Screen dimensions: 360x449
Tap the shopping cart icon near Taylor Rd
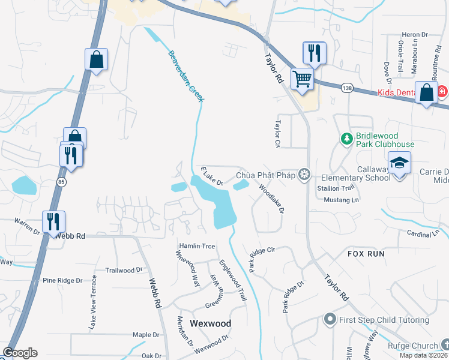303,79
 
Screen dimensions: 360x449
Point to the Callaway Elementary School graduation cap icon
399,163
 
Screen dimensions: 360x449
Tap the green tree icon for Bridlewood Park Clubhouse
346,139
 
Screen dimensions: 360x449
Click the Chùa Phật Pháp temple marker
305,175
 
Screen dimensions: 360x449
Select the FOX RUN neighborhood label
366,254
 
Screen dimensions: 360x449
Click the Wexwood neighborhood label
210,323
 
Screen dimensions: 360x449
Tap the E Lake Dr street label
211,176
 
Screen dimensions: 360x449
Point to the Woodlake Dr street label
271,199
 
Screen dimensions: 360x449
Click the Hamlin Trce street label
196,247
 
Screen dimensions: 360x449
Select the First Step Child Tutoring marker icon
329,320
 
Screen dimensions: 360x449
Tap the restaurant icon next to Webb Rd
54,221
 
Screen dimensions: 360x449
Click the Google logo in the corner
20,353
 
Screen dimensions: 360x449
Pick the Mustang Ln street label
337,199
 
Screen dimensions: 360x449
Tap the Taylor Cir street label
277,134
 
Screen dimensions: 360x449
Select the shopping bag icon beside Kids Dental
426,93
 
